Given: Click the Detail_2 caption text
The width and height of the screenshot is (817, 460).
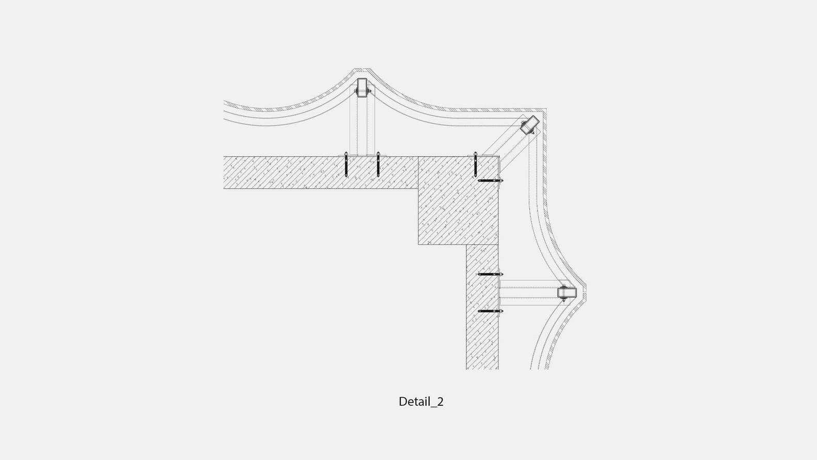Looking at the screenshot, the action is [x=421, y=402].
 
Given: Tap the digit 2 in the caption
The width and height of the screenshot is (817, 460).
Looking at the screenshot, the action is [x=440, y=402].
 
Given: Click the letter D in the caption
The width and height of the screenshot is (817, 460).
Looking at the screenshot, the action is [x=402, y=402].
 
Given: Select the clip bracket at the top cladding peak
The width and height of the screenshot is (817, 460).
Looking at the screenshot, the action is [x=362, y=88].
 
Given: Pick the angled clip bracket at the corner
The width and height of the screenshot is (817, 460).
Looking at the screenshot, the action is [x=529, y=125].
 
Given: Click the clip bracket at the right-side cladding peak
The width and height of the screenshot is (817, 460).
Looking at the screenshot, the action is [x=567, y=293].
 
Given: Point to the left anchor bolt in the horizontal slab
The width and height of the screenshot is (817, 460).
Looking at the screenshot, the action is [x=346, y=165].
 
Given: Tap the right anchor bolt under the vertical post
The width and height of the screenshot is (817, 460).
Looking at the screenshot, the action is [x=378, y=165].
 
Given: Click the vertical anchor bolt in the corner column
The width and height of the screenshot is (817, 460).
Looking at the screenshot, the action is [x=475, y=165].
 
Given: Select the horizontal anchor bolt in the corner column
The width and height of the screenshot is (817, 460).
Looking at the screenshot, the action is [x=491, y=180].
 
